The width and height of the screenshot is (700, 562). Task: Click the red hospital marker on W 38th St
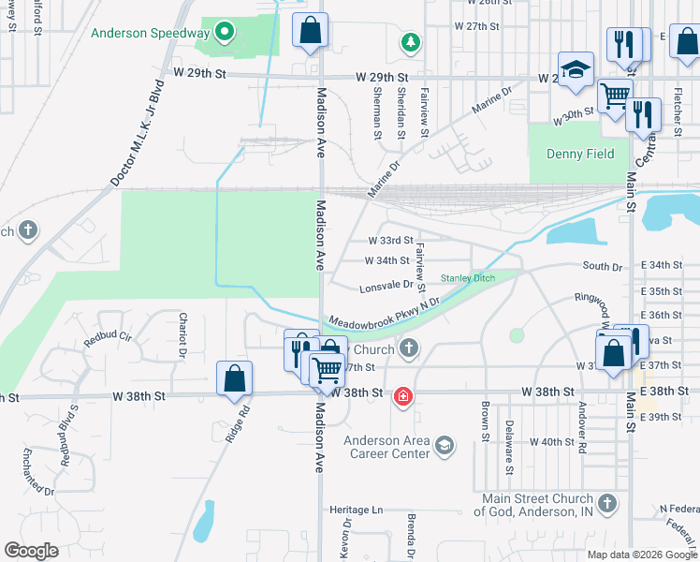(403, 397)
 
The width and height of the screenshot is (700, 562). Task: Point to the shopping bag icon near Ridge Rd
(234, 378)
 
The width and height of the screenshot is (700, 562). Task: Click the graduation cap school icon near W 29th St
(576, 69)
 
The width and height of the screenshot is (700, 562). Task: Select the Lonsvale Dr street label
(386, 285)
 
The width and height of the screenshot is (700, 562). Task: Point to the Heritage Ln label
(357, 510)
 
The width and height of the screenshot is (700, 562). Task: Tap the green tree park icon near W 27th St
(409, 42)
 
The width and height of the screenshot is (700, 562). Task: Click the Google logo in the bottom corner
(31, 551)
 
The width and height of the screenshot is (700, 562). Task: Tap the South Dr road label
(603, 267)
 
